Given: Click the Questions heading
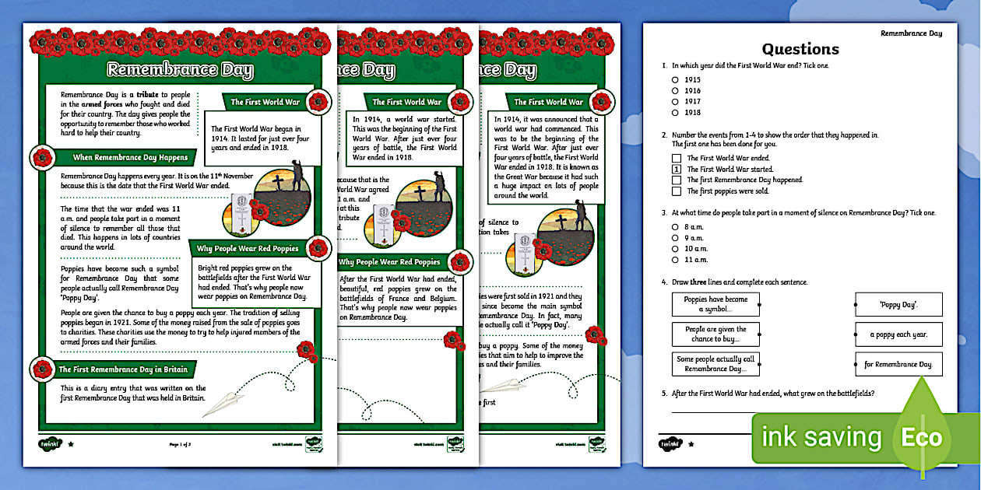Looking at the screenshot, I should click(800, 49).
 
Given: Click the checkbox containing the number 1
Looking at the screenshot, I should click(676, 169).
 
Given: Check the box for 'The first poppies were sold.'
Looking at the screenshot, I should click(676, 191).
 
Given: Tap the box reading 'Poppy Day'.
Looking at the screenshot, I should click(898, 305).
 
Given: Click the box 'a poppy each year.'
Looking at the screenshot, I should click(898, 334).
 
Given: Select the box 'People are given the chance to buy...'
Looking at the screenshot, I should click(716, 334).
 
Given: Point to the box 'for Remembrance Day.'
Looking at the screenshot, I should click(898, 364).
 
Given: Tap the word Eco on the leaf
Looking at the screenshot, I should click(922, 438).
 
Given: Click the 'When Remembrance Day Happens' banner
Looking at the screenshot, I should click(130, 157).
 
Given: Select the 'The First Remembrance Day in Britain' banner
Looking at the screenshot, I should click(124, 369).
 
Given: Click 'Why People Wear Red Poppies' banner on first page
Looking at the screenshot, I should click(248, 249).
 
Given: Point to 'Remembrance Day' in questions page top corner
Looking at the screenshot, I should click(911, 33).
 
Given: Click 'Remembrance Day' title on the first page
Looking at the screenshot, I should click(180, 70).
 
